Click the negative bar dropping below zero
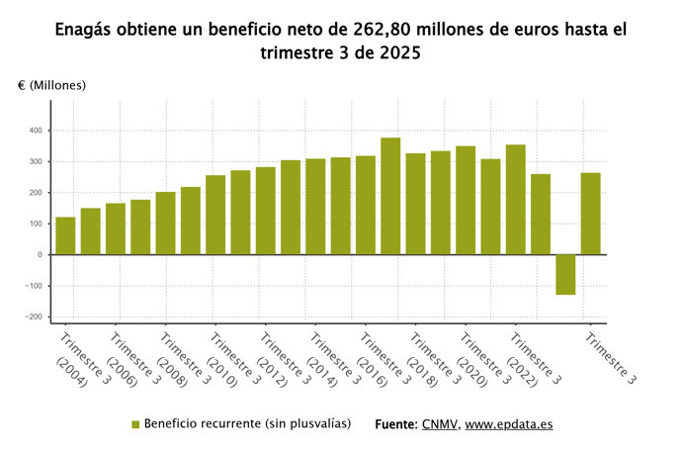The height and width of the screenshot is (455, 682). (565, 274)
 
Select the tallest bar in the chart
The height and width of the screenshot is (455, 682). (390, 196)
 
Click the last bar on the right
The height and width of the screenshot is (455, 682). (590, 214)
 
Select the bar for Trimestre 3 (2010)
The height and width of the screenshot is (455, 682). (215, 215)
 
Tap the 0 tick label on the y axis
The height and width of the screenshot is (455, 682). (40, 255)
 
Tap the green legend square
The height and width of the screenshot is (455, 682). (136, 424)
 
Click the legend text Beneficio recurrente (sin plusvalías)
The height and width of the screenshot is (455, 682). (248, 423)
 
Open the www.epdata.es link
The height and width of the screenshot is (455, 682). (508, 424)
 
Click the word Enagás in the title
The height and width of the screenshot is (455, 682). (88, 31)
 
